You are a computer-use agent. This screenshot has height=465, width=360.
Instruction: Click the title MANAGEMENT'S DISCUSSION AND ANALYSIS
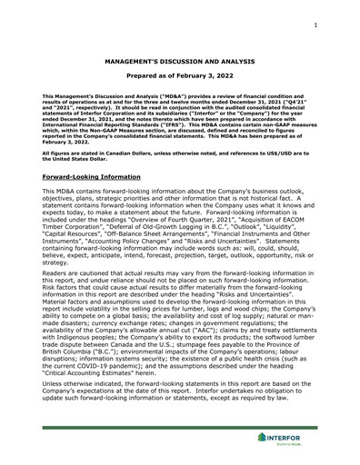180,66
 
